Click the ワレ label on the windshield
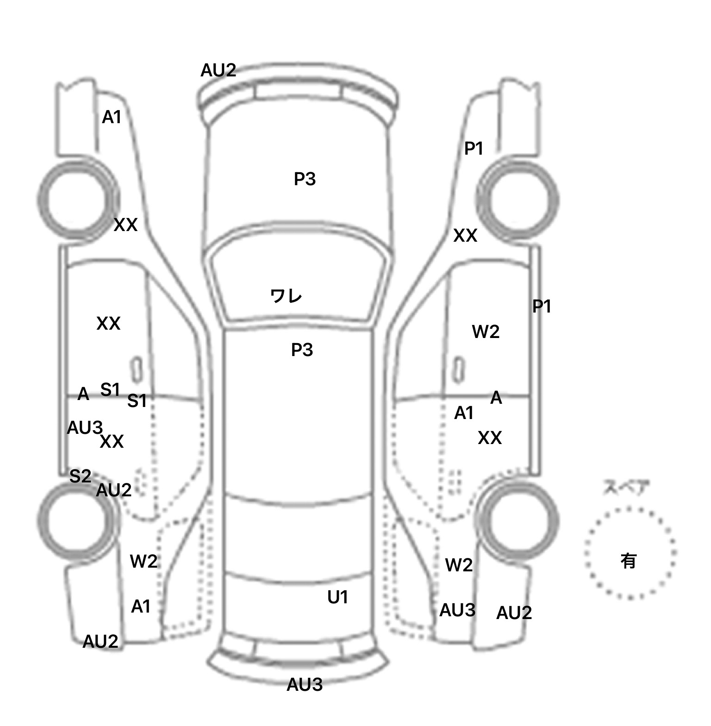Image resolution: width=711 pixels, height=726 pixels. pyautogui.click(x=286, y=296)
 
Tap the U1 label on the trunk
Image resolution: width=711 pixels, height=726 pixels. pyautogui.click(x=337, y=598)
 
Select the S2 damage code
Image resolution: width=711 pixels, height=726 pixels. pyautogui.click(x=80, y=476)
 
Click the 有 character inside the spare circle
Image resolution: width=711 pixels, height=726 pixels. pyautogui.click(x=628, y=561)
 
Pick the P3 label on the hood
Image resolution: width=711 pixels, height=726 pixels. pyautogui.click(x=305, y=179)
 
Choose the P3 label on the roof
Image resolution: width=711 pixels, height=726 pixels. pyautogui.click(x=302, y=350)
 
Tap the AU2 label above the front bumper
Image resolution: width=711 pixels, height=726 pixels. pyautogui.click(x=218, y=70)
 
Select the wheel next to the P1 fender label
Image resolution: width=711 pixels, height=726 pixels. pyautogui.click(x=518, y=200)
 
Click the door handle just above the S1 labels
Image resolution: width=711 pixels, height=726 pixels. pyautogui.click(x=136, y=369)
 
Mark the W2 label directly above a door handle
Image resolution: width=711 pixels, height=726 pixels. pyautogui.click(x=486, y=332)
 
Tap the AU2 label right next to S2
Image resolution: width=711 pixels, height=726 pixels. pyautogui.click(x=113, y=490)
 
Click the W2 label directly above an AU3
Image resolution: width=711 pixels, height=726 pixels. pyautogui.click(x=458, y=565)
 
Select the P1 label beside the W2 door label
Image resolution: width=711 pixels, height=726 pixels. pyautogui.click(x=542, y=306)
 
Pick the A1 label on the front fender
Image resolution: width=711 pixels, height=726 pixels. pyautogui.click(x=112, y=118)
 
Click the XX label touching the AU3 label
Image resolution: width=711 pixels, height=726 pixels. pyautogui.click(x=112, y=442)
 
